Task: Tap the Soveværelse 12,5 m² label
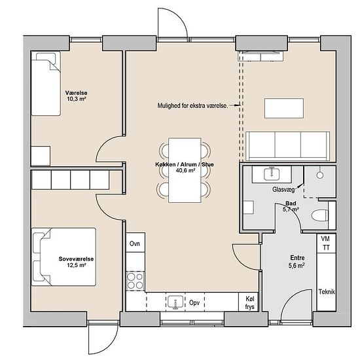tap(76, 262)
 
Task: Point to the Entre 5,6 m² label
tap(297, 261)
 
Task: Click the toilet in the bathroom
tap(320, 215)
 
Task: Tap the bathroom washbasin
tap(272, 174)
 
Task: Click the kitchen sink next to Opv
tap(176, 302)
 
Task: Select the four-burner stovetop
tap(135, 281)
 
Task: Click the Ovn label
tap(135, 243)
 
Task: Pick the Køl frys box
tap(249, 302)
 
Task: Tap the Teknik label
tap(327, 291)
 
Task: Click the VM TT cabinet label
tap(326, 243)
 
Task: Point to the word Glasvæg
tap(283, 189)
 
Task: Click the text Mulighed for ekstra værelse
tap(193, 105)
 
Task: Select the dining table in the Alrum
tap(185, 170)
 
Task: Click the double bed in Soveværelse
tap(63, 257)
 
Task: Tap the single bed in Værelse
tap(46, 84)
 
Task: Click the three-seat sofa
tap(288, 146)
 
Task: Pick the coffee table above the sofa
tap(284, 109)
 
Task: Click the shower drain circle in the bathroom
tap(320, 175)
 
